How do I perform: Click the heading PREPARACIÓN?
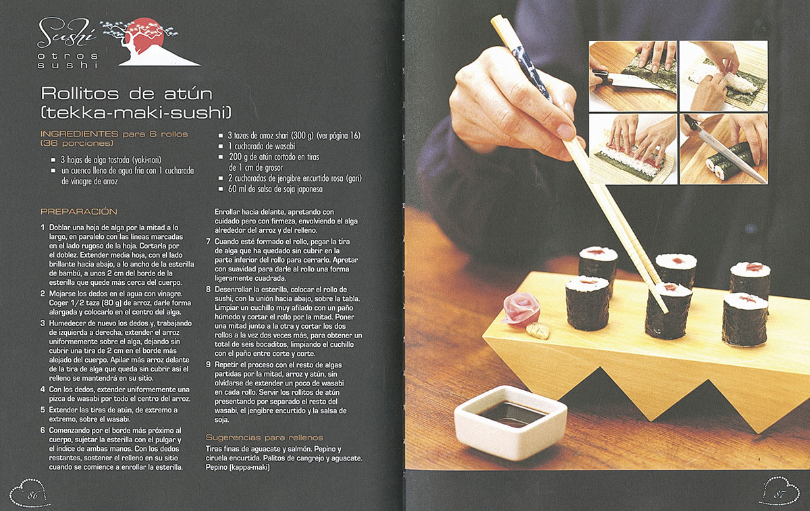point(79,211)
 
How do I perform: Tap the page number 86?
point(32,495)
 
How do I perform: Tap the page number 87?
point(779,494)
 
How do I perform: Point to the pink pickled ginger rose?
point(521,308)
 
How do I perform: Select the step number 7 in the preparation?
point(208,241)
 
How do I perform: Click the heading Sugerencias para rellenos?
point(265,437)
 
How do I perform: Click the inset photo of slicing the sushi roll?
point(724,149)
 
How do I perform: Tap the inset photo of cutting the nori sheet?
point(633,76)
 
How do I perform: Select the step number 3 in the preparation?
point(43,323)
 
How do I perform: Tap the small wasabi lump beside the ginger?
point(538,331)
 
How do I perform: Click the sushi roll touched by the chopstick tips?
point(668,311)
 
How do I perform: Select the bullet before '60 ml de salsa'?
point(221,189)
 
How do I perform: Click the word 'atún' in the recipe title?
point(188,94)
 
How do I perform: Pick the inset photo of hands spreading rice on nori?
point(724,76)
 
